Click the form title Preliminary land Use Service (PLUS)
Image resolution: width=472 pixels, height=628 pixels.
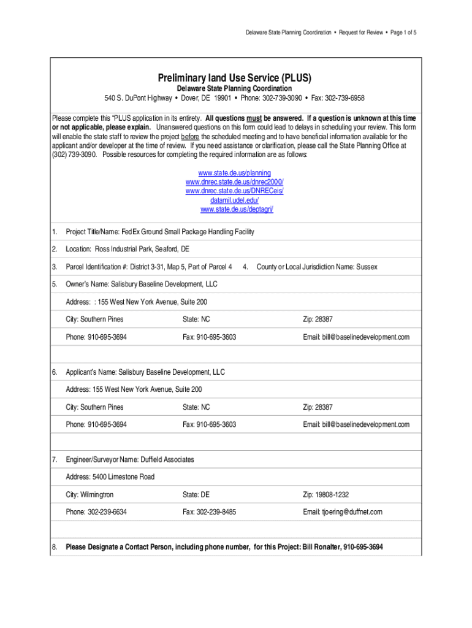235,78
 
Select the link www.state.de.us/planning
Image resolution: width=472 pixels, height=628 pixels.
235,173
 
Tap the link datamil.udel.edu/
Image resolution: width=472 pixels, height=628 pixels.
235,201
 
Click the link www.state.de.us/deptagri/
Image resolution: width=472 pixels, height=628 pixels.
237,210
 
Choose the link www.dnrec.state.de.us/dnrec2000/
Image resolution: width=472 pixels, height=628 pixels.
235,182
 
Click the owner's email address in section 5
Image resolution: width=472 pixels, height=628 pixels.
365,337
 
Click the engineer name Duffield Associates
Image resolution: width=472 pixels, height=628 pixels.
167,459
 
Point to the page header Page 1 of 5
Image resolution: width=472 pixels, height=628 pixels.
403,32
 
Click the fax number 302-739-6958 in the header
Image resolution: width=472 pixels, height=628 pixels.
344,98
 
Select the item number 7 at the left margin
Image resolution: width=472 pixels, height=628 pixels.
55,459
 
